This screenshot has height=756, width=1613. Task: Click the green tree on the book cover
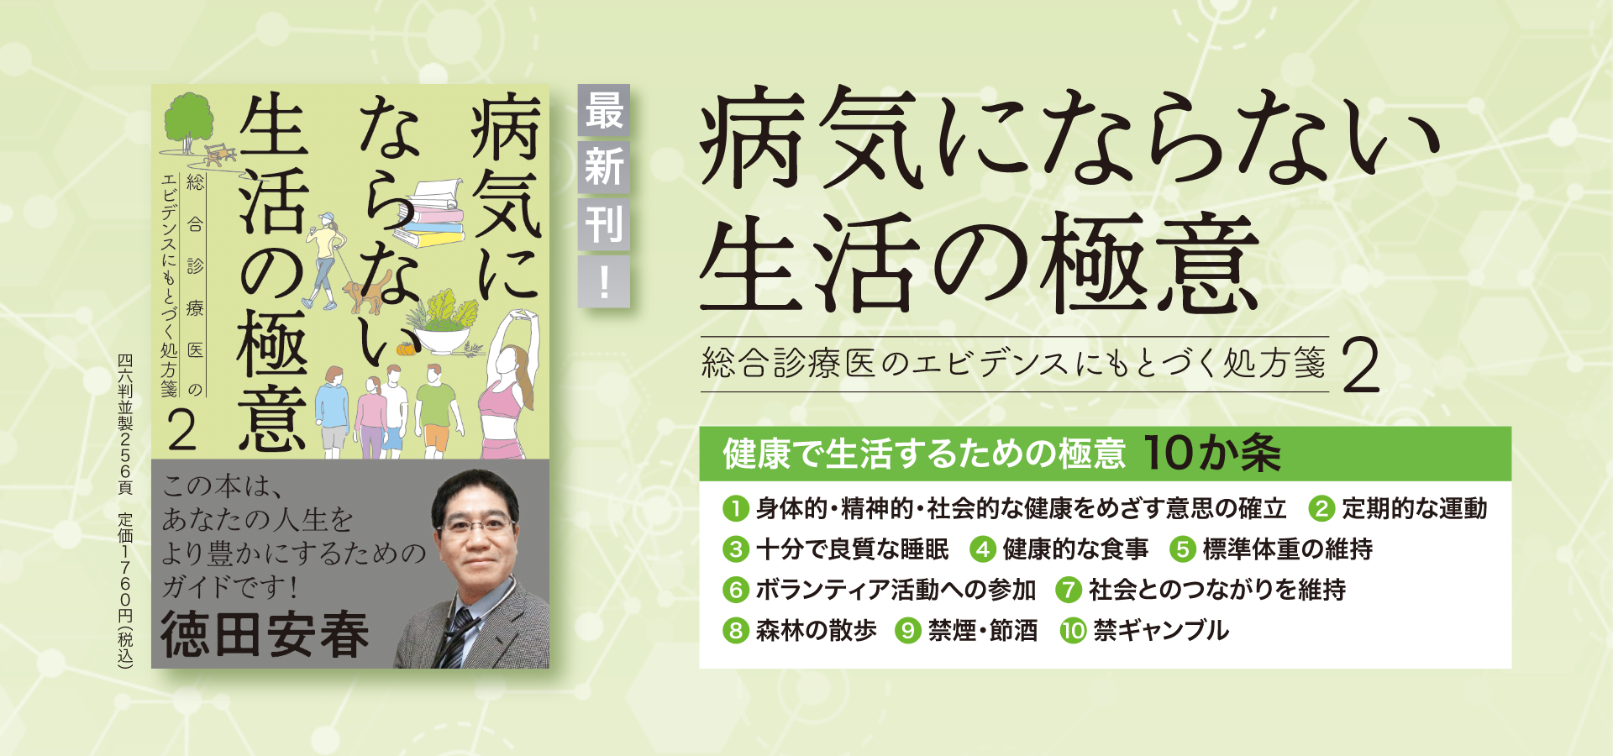(187, 123)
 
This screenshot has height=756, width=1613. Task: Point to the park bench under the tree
(219, 155)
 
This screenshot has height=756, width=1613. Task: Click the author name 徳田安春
(265, 635)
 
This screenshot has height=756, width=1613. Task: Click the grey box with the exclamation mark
(604, 281)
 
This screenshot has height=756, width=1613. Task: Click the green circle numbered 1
(735, 508)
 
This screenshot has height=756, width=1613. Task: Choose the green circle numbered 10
(1073, 630)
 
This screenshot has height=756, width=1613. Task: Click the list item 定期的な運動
(1414, 508)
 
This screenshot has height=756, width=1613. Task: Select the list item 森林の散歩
(816, 630)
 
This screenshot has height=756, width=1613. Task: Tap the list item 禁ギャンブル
(1161, 630)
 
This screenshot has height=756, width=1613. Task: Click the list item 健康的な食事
(1074, 549)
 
